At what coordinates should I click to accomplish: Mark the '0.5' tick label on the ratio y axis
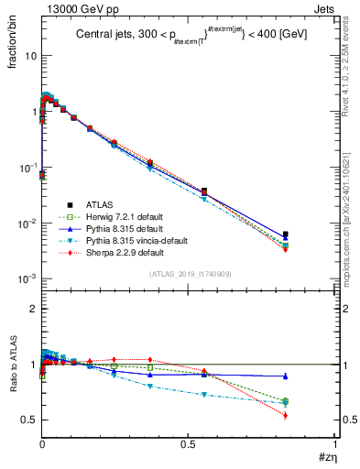[x=28, y=420]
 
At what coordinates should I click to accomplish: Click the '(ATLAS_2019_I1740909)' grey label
[x=189, y=274]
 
